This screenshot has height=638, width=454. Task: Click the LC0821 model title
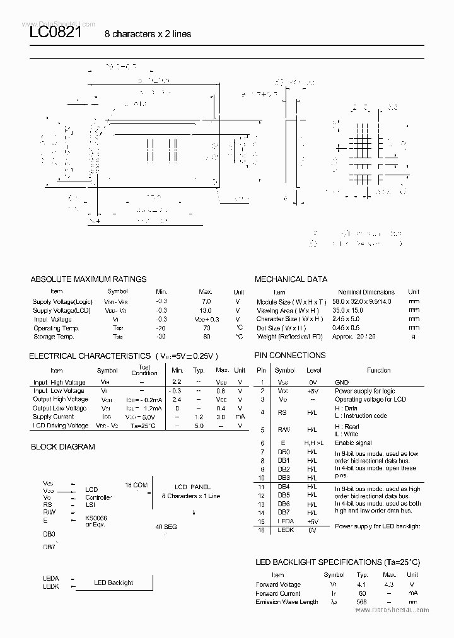[x=55, y=33]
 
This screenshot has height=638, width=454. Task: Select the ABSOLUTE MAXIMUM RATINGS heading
[x=88, y=279]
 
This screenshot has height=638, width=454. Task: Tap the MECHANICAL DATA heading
[x=291, y=279]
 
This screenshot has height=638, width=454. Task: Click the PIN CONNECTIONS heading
[x=290, y=355]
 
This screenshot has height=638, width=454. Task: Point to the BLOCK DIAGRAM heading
[x=63, y=446]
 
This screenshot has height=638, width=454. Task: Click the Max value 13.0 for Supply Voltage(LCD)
[x=206, y=310]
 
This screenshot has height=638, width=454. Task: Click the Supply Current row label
[x=53, y=417]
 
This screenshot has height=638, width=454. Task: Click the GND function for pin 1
[x=342, y=382]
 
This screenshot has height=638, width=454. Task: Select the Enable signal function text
[x=353, y=443]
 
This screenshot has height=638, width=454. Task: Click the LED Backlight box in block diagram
[x=113, y=583]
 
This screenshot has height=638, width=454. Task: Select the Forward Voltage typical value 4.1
[x=362, y=584]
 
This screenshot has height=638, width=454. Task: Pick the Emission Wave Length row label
[x=287, y=602]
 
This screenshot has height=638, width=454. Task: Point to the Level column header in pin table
[x=313, y=371]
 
